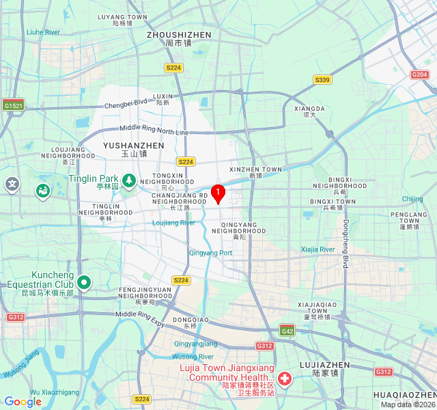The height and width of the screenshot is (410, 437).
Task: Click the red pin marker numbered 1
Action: tap(218, 194)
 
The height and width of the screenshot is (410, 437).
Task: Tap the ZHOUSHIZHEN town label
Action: tap(179, 34)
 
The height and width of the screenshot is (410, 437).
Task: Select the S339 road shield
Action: tap(322, 80)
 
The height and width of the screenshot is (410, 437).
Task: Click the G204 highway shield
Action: tap(419, 74)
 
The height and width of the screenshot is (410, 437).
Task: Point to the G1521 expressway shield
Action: tap(13, 105)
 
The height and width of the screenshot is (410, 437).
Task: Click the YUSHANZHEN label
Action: tap(134, 146)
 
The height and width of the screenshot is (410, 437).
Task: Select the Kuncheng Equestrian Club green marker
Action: tap(84, 282)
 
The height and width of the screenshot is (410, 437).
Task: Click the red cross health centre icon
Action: tap(284, 378)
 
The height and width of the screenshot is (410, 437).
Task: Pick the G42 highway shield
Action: tap(287, 331)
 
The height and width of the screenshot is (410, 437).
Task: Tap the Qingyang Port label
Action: tap(210, 253)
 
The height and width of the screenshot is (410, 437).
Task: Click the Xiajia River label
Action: tap(318, 249)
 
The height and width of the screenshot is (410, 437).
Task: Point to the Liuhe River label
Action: tap(43, 32)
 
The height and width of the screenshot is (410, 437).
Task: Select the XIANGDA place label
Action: tap(309, 108)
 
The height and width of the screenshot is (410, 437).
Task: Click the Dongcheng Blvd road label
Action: tap(346, 244)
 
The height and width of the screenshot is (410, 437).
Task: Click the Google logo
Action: tap(23, 402)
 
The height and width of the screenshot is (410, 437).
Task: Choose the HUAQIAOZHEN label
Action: tap(405, 395)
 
